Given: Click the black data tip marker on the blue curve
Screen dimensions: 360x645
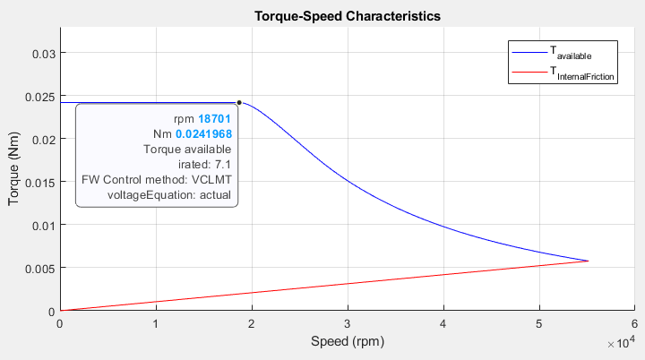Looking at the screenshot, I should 239,102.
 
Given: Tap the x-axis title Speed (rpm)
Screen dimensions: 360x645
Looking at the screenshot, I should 347,342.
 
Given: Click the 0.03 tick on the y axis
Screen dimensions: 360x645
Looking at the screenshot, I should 43,53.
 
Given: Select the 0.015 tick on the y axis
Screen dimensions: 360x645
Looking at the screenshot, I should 40,182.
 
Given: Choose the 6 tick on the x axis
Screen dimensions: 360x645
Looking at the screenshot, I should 634,323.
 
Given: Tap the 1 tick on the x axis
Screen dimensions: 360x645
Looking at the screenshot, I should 156,323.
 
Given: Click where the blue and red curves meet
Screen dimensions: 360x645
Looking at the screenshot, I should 588,261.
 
